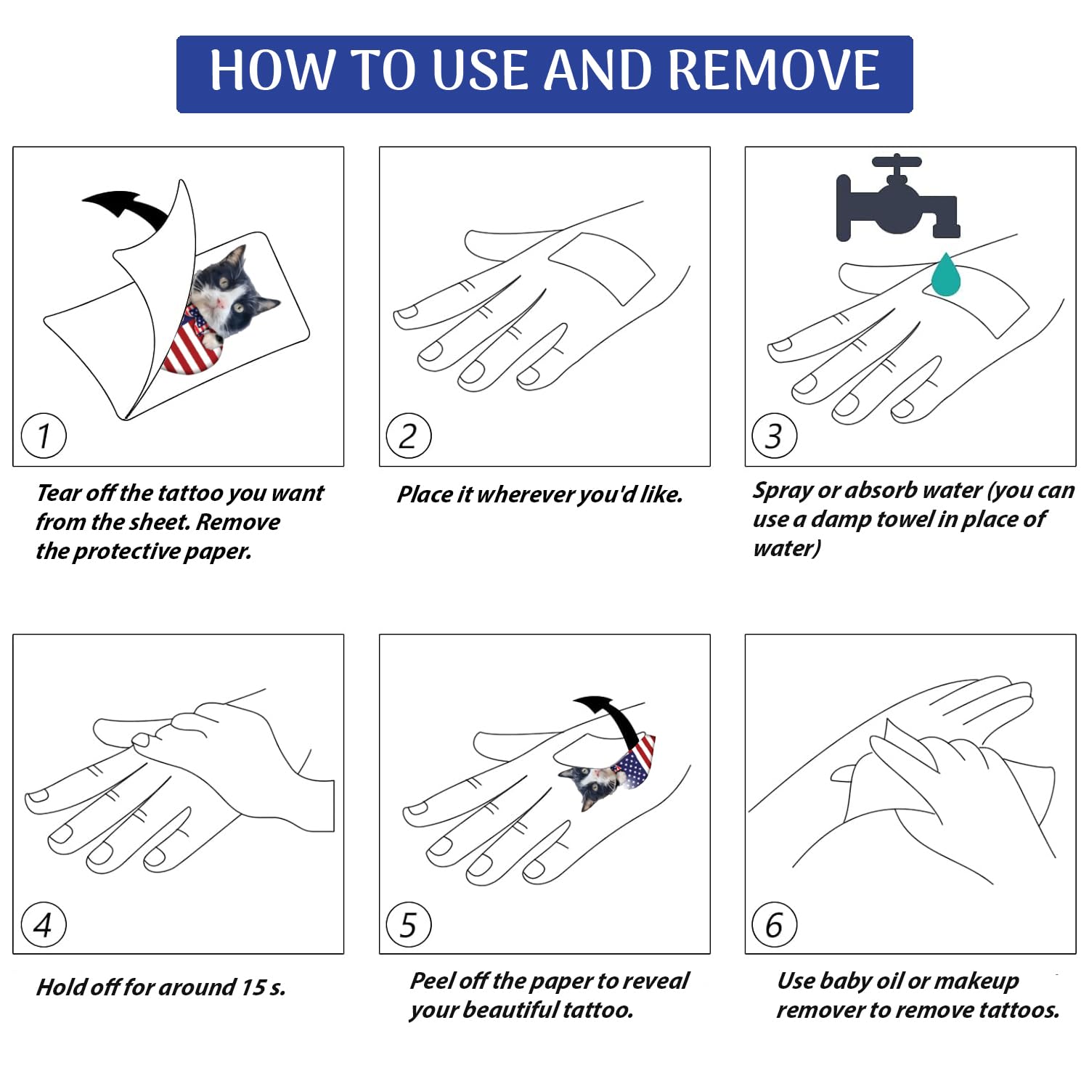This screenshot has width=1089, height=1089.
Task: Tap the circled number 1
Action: click(44, 436)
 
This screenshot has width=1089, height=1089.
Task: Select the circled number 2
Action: click(409, 436)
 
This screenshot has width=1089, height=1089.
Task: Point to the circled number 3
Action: click(775, 436)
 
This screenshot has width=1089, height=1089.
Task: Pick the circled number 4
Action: click(44, 924)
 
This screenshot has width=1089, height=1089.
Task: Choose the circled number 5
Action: click(409, 924)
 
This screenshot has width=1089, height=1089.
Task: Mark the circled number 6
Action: click(775, 924)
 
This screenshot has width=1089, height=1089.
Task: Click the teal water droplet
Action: click(945, 274)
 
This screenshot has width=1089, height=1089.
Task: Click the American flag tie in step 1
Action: click(190, 341)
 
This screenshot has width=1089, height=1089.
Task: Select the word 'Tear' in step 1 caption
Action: click(59, 493)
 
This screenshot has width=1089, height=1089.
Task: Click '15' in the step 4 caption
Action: click(253, 987)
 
